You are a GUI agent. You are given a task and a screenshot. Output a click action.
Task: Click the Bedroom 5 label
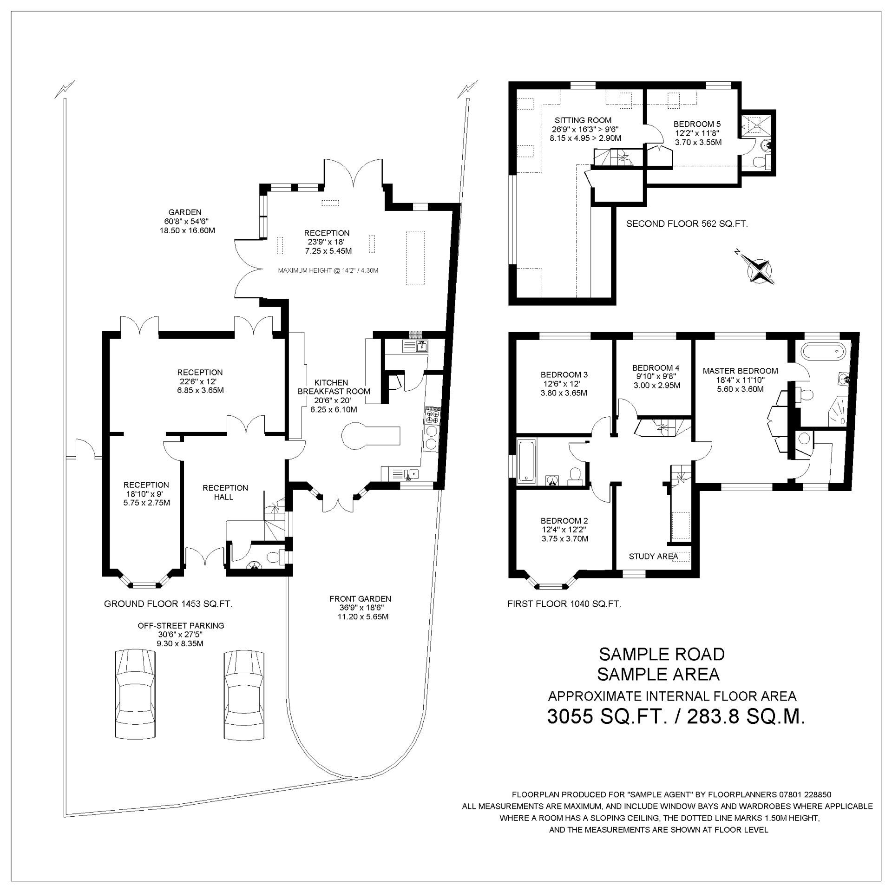[697, 124]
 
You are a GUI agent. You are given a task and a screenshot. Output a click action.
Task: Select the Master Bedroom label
[740, 371]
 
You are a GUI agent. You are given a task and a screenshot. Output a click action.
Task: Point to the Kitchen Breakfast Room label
[334, 387]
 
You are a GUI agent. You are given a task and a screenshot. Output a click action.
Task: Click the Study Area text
[653, 556]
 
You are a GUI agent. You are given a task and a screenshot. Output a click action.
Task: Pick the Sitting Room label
[577, 120]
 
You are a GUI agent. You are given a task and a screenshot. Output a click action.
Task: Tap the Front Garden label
[360, 599]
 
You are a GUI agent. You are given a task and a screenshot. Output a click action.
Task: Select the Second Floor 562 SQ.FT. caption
[687, 224]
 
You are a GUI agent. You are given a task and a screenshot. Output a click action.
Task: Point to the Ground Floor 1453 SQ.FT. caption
[168, 604]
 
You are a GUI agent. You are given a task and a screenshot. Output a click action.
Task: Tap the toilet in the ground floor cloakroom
[277, 557]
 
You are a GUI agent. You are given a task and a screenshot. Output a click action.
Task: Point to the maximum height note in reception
[328, 270]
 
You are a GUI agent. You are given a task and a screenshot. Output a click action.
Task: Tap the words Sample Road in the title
[662, 655]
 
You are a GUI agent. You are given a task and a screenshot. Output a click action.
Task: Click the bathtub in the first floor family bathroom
[526, 460]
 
